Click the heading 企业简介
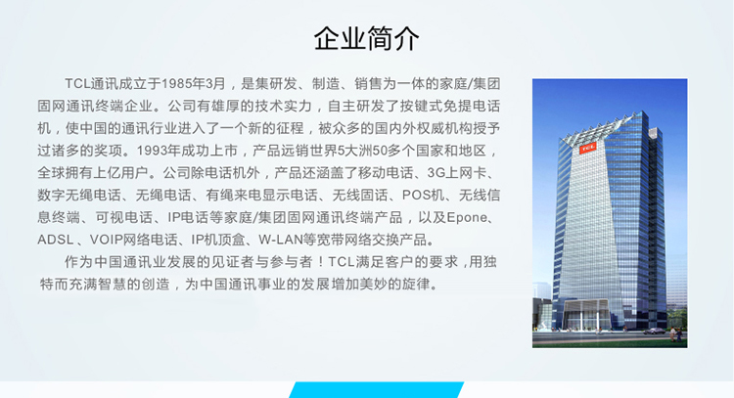(x=366, y=38)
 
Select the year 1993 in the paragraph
(x=153, y=151)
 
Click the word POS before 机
(x=416, y=195)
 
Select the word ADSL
(x=56, y=240)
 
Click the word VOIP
(x=107, y=240)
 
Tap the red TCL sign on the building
(x=587, y=148)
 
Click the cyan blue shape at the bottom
(x=377, y=390)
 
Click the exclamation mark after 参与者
(x=321, y=262)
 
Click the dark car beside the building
(x=654, y=332)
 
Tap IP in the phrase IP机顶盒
(x=198, y=240)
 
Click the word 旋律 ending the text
(x=415, y=284)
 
